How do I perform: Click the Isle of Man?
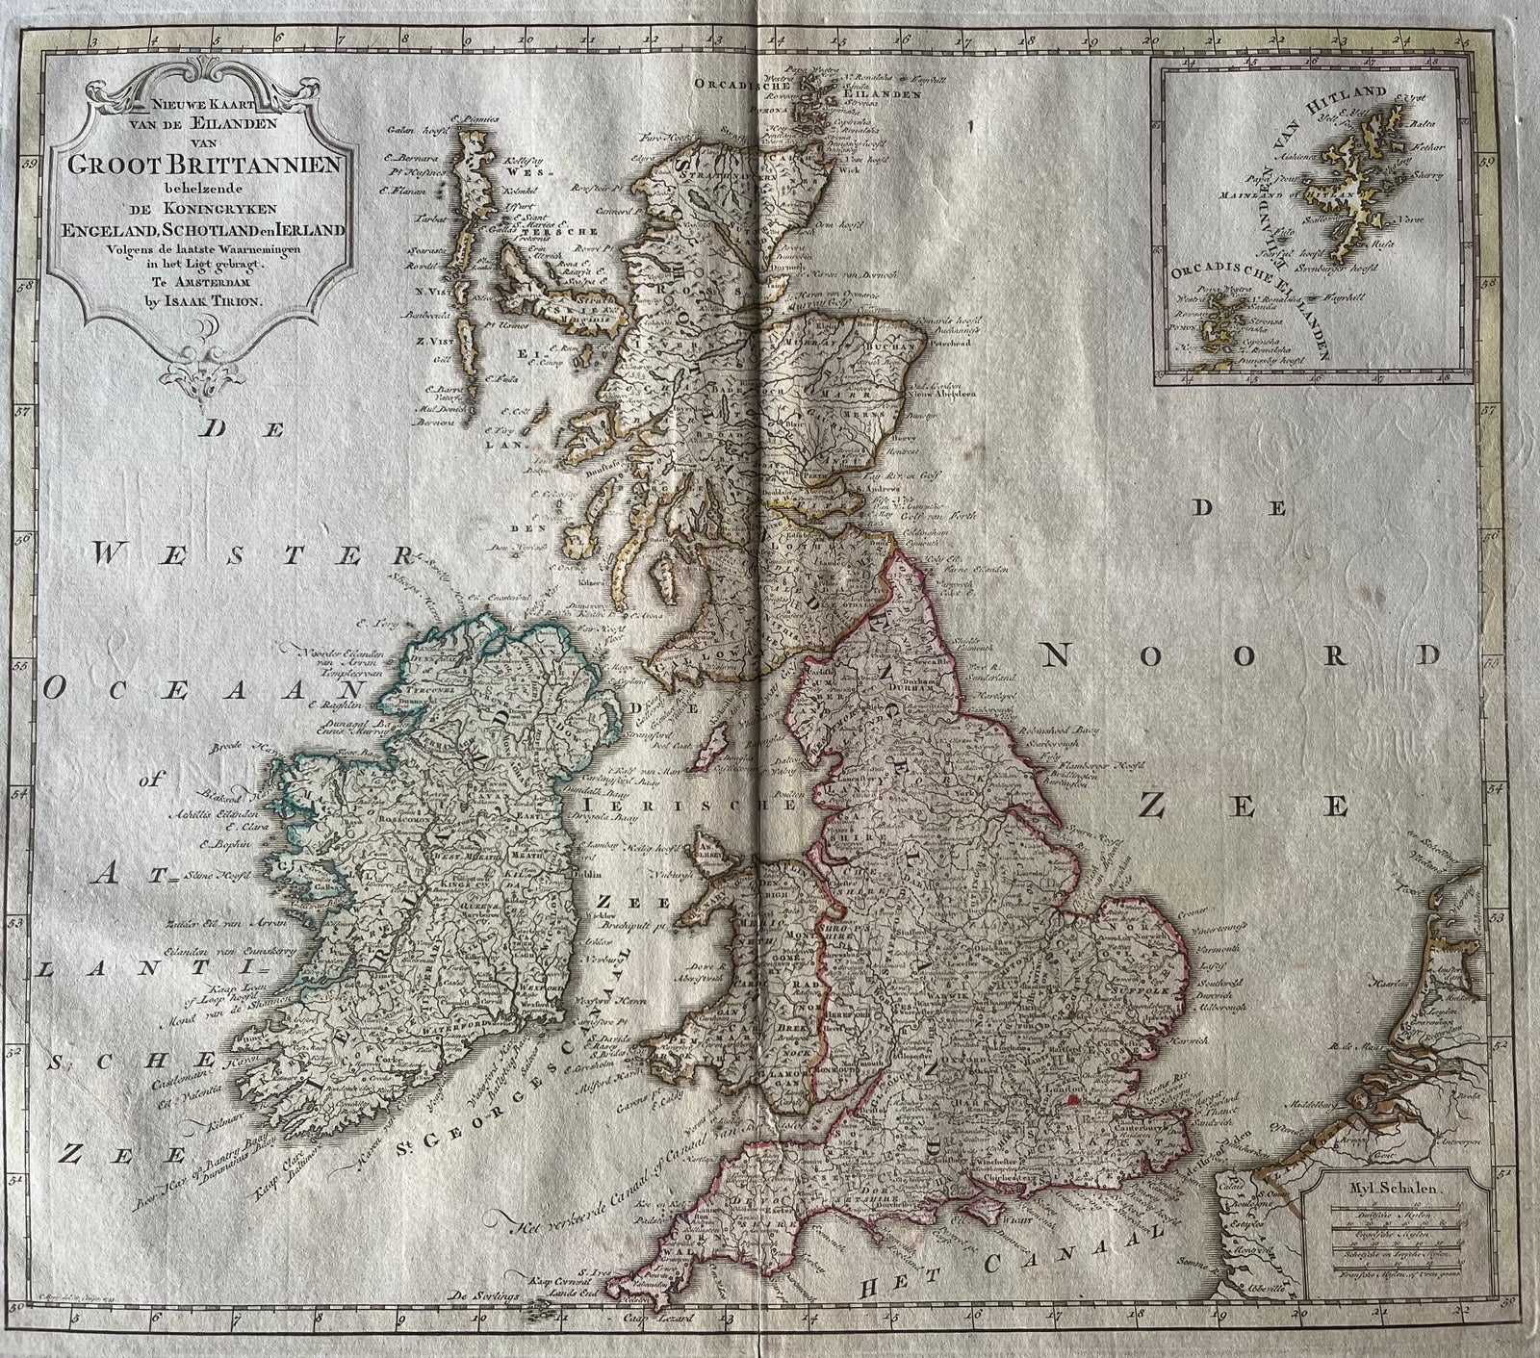[x=713, y=752]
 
